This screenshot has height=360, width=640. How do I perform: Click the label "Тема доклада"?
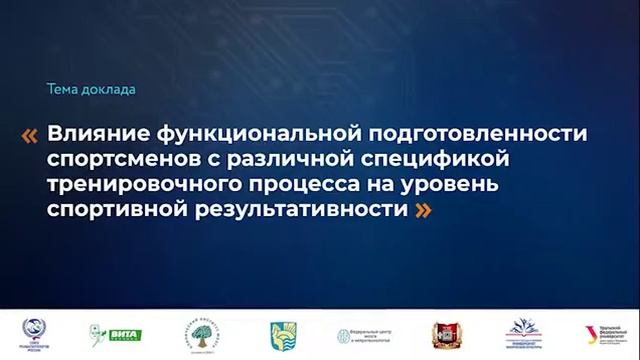tap(91, 90)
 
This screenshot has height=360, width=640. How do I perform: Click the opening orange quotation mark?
tap(30, 135)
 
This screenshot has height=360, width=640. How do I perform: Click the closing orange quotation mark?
tap(424, 210)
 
